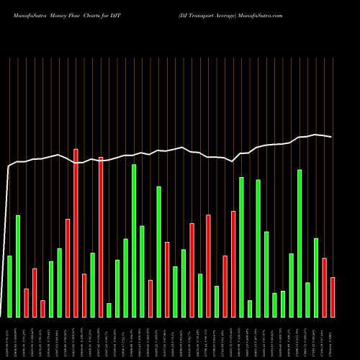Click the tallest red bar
(x=76, y=233)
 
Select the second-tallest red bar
(x=101, y=237)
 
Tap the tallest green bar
(x=134, y=240)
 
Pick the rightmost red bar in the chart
(x=333, y=297)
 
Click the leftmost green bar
(x=9, y=286)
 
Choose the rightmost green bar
(x=316, y=277)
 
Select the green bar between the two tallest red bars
(x=92, y=284)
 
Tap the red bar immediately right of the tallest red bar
(x=84, y=295)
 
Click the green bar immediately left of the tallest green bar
(x=125, y=277)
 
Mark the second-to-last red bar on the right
(x=325, y=287)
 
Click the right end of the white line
(x=332, y=137)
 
